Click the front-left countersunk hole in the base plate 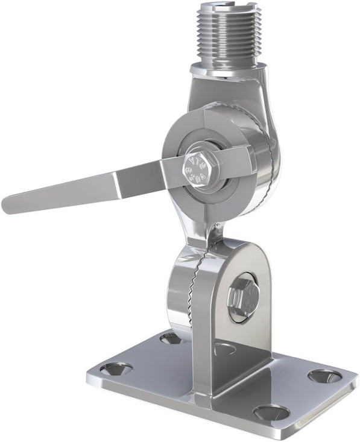click(x=116, y=368)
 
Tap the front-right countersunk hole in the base click(x=271, y=412)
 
